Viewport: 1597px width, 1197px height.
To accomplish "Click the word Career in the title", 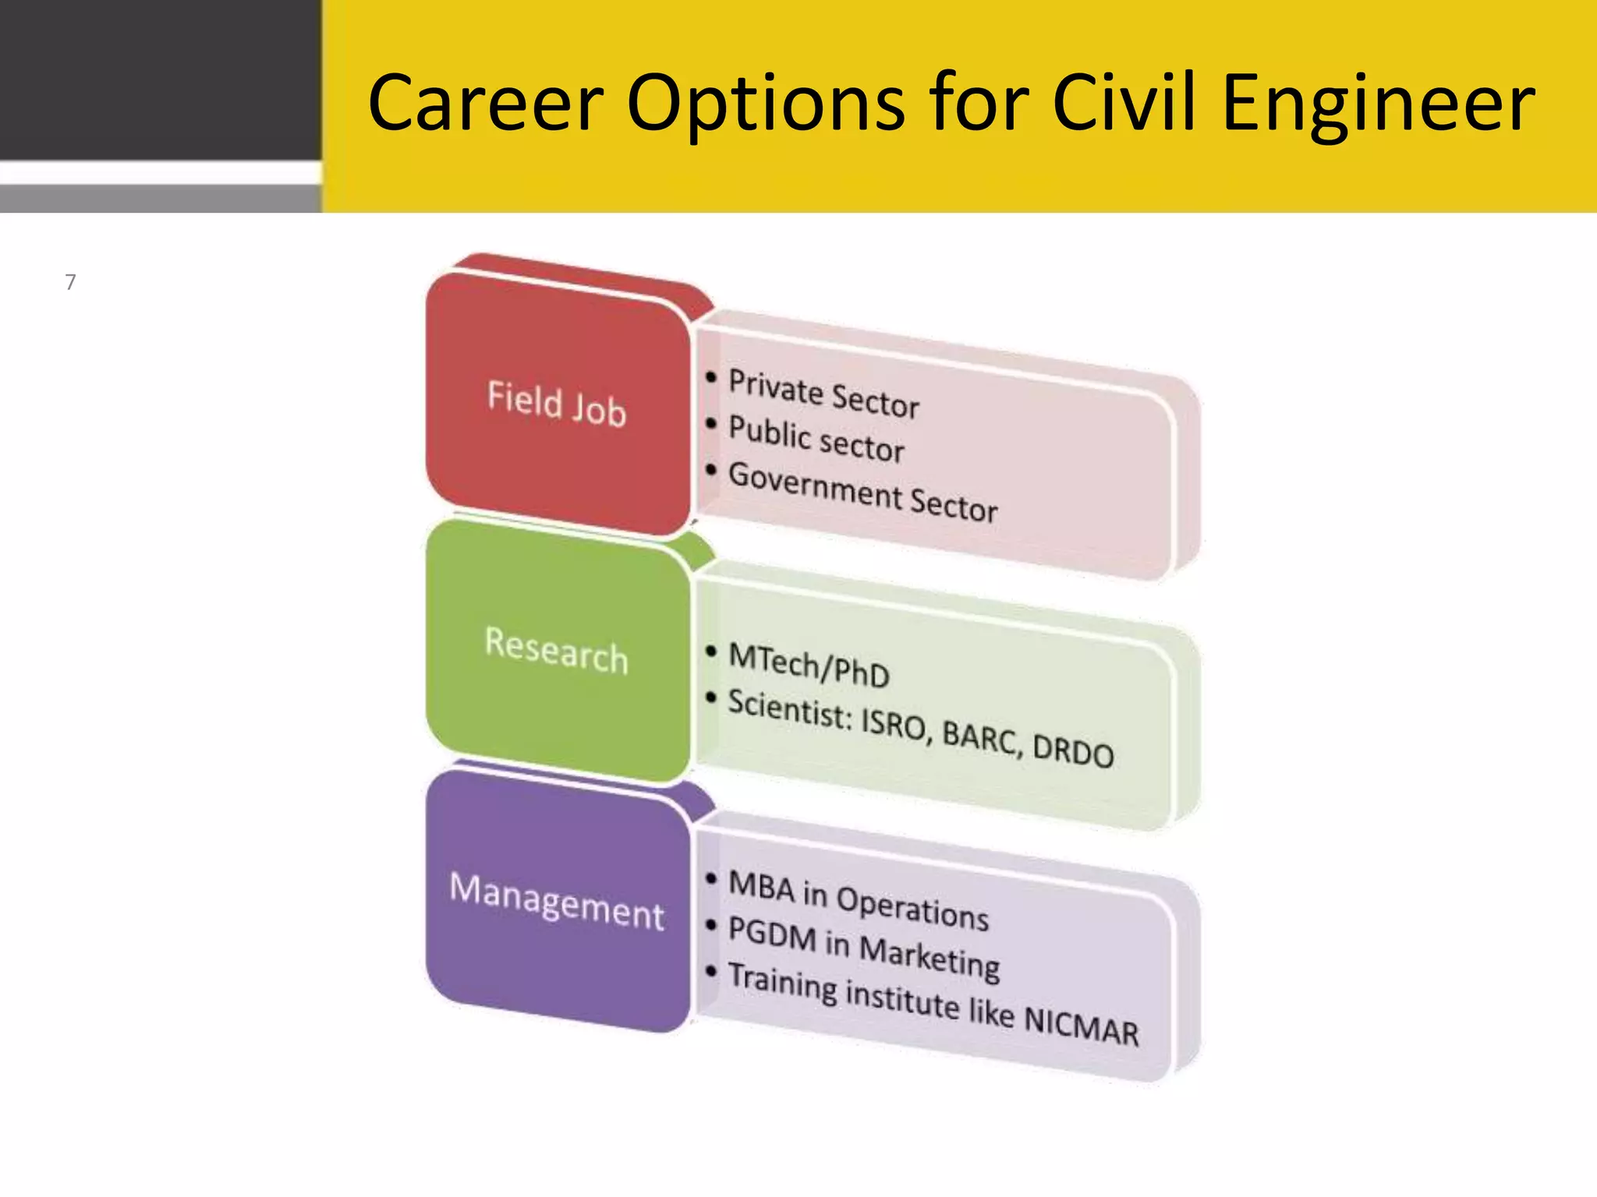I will click(485, 103).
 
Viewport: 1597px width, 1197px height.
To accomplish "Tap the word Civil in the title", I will click(1123, 103).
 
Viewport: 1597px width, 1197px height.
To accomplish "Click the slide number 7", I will click(70, 282).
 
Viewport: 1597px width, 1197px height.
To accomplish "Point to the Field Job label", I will click(557, 404).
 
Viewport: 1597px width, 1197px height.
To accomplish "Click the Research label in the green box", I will click(556, 650).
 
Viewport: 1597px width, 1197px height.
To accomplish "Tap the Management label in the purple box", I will click(557, 901).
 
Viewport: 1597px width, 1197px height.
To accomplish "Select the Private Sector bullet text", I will click(823, 394).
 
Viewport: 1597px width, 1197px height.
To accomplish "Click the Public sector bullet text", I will click(816, 440).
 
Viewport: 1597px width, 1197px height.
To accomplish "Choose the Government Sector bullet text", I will click(862, 492).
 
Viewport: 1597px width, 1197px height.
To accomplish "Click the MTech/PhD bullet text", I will click(809, 666).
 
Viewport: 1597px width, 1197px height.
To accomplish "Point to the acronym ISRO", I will click(894, 725).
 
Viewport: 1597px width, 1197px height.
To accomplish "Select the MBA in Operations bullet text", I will click(858, 900).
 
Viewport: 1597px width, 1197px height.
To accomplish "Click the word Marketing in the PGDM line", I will click(930, 957).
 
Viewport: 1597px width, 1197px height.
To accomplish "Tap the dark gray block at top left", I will click(160, 78).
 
